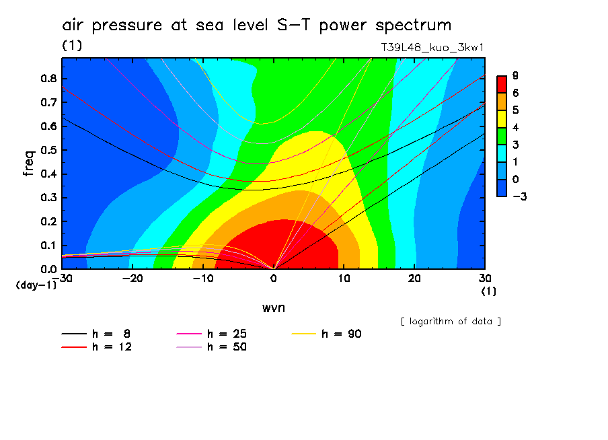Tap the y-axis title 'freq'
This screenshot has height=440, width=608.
pyautogui.click(x=28, y=163)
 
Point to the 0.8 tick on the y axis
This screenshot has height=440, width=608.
pyautogui.click(x=48, y=78)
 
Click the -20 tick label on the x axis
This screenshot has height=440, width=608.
pyautogui.click(x=132, y=279)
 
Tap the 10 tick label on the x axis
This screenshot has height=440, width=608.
pyautogui.click(x=344, y=279)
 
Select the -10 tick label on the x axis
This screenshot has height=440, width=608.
pyautogui.click(x=202, y=279)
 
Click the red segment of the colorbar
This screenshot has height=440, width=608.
pyautogui.click(x=501, y=83)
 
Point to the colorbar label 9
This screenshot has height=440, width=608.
pyautogui.click(x=515, y=75)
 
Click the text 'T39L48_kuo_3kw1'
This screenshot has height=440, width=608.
pyautogui.click(x=432, y=48)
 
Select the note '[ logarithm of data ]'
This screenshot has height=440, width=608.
pyautogui.click(x=451, y=321)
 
